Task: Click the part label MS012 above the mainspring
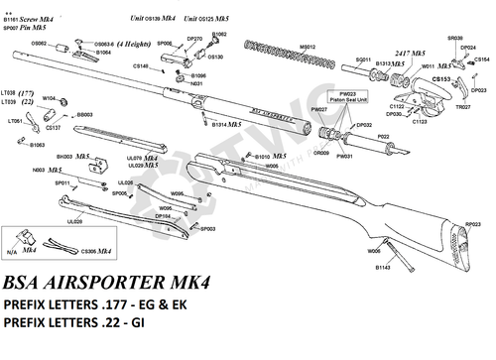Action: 309,47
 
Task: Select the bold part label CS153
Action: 442,77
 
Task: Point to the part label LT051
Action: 17,121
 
